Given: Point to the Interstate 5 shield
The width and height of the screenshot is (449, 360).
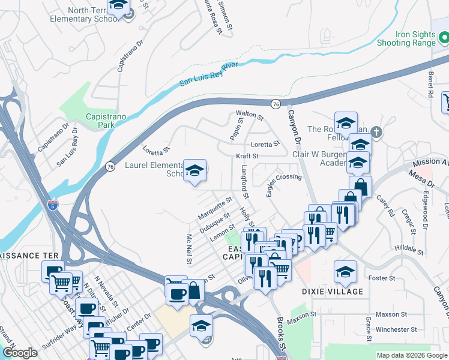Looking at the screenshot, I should pyautogui.click(x=54, y=204).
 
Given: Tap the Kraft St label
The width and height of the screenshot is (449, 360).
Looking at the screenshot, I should pyautogui.click(x=247, y=156).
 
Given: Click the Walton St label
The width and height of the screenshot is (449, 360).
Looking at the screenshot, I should pyautogui.click(x=249, y=113).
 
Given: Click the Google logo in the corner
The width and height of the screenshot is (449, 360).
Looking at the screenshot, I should pyautogui.click(x=20, y=353).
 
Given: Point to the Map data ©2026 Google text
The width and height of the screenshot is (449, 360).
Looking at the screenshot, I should pyautogui.click(x=412, y=355).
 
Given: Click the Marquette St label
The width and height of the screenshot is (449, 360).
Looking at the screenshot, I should pyautogui.click(x=215, y=208).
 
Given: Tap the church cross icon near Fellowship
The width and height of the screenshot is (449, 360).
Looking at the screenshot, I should pyautogui.click(x=376, y=131).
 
